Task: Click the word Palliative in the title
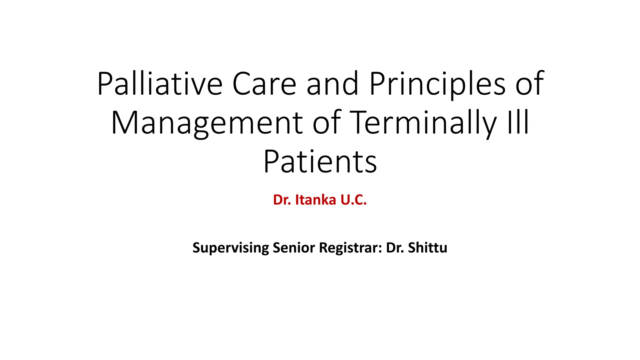pos(160,84)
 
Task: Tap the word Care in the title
pos(264,84)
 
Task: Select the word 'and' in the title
pos(332,84)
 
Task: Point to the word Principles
pos(437,84)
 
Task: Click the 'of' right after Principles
pos(529,84)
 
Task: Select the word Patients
pos(320,162)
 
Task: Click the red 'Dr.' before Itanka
pos(282,200)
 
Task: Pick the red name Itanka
pos(316,200)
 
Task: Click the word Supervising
pos(230,248)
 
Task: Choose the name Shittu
pos(427,248)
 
